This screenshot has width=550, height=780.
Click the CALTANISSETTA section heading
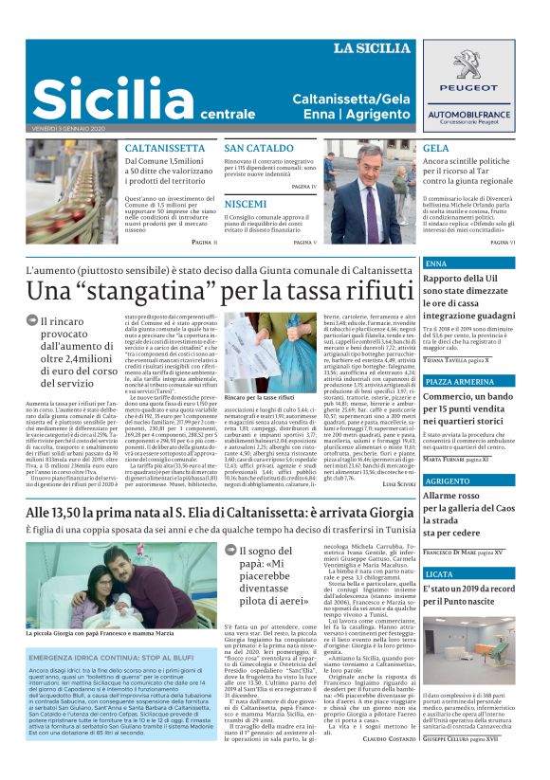pos(165,149)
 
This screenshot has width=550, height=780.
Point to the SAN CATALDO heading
pos(259,149)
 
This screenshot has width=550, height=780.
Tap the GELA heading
pos(436,149)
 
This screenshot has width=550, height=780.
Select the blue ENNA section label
pos(437,263)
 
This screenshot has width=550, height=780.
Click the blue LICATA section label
pos(439,574)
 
